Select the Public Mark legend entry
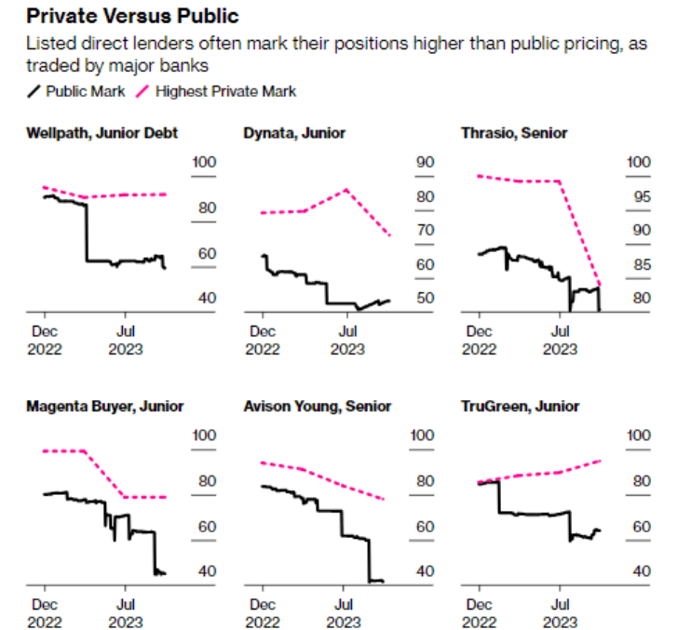point(74,90)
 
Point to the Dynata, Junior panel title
point(294,133)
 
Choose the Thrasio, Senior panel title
point(514,133)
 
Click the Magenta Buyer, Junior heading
point(104,406)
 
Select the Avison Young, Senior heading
point(317,406)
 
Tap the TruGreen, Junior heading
point(520,406)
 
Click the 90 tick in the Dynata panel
point(426,162)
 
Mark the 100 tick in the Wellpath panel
point(204,162)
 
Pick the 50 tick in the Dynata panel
point(426,298)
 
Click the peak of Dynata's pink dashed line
point(346,190)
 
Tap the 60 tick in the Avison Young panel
point(424,526)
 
